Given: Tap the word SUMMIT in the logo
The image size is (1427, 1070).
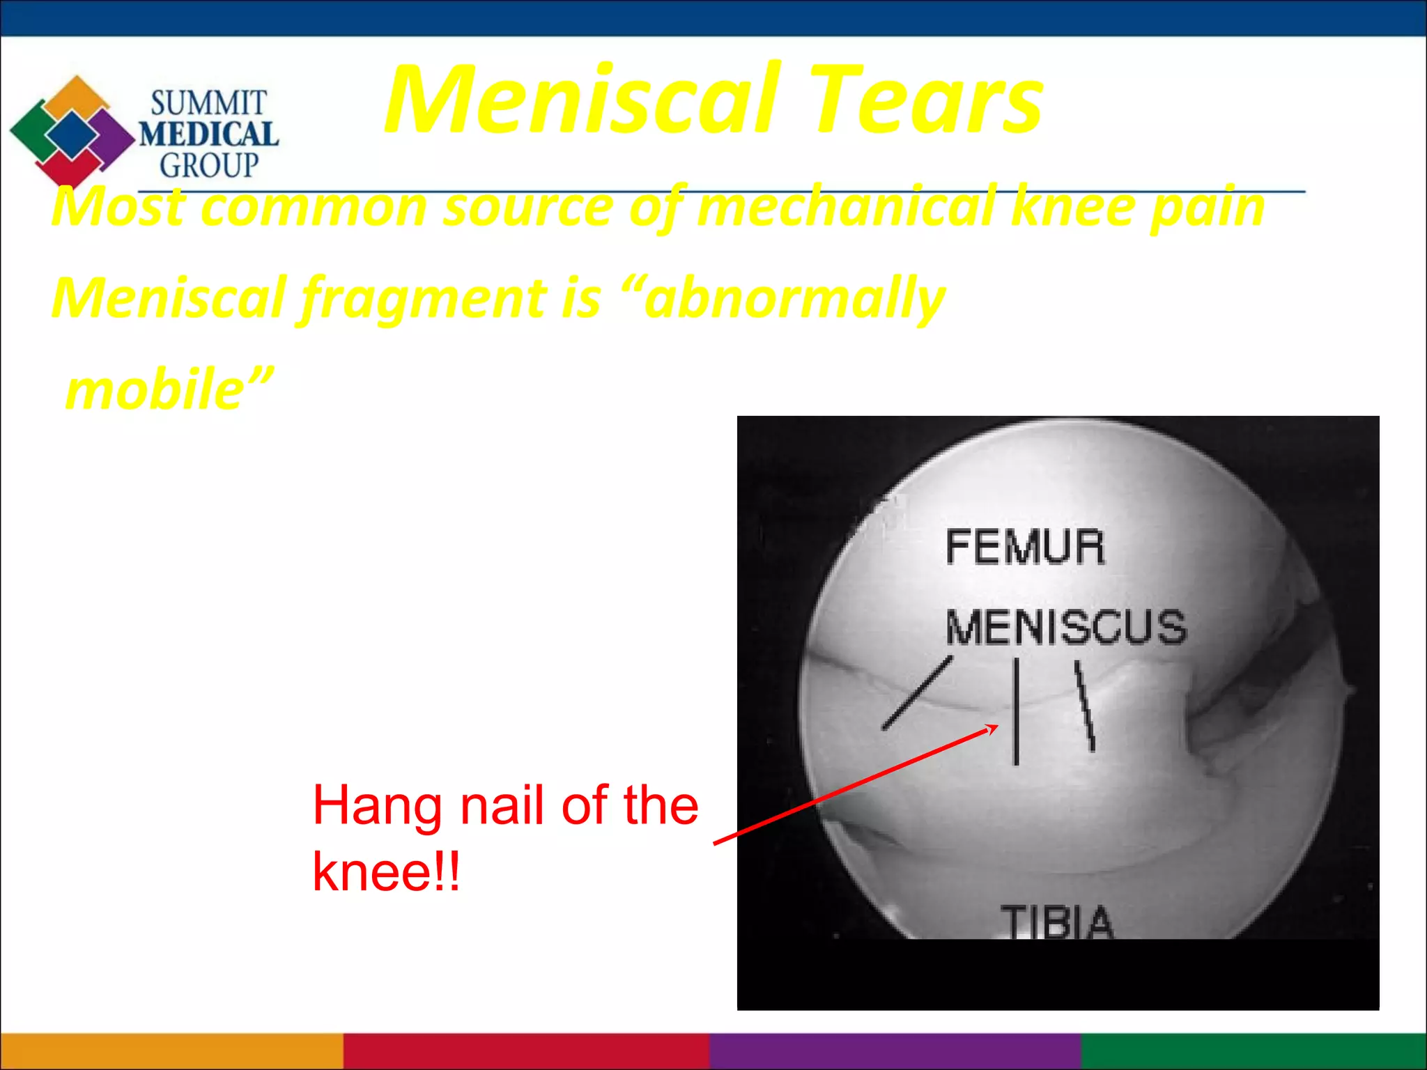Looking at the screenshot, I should tap(208, 104).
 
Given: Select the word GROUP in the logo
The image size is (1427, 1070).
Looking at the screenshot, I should tap(208, 166).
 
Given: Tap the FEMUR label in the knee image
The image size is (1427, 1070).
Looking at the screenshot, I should tap(1025, 547).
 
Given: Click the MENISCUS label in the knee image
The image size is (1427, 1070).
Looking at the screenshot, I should tap(1065, 627).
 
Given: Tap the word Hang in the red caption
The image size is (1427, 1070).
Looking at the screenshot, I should tap(376, 806).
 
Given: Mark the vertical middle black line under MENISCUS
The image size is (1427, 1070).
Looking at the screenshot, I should tap(1016, 711).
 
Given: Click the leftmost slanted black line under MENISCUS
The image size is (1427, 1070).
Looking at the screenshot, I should tap(916, 693).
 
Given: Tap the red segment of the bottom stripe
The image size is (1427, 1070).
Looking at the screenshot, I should tap(526, 1051).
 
